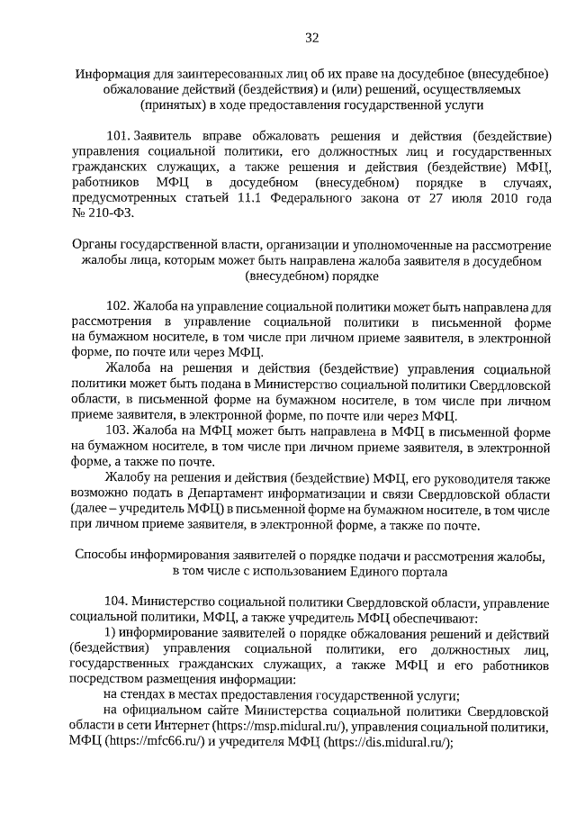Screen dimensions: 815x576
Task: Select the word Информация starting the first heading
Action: pos(112,74)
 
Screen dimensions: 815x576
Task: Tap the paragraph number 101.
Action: pos(118,136)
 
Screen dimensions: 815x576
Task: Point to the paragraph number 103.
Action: pos(117,430)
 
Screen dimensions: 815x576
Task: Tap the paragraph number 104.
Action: pos(117,601)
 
